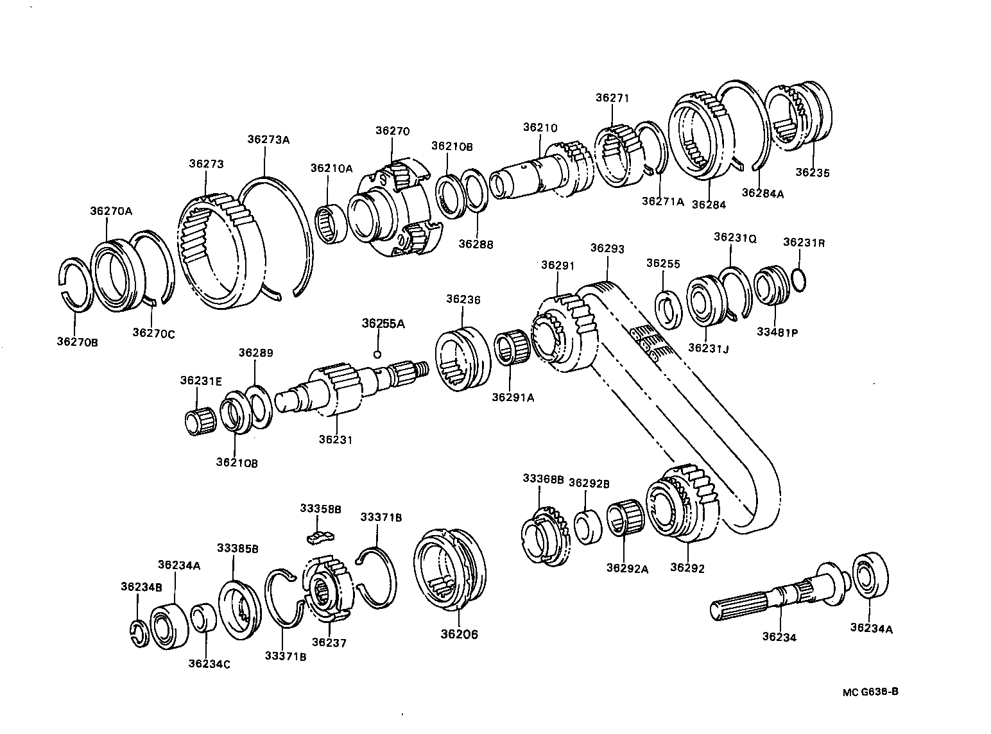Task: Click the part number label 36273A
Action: pos(268,139)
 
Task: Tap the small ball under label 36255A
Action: pos(378,354)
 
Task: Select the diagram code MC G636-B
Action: pos(870,692)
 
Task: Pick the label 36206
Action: pos(459,635)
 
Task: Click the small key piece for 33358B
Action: pos(320,529)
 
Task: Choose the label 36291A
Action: pos(513,397)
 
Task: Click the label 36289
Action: pos(256,352)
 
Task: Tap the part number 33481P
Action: pos(777,332)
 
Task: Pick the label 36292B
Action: pos(589,483)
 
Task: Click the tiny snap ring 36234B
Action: pos(139,633)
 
